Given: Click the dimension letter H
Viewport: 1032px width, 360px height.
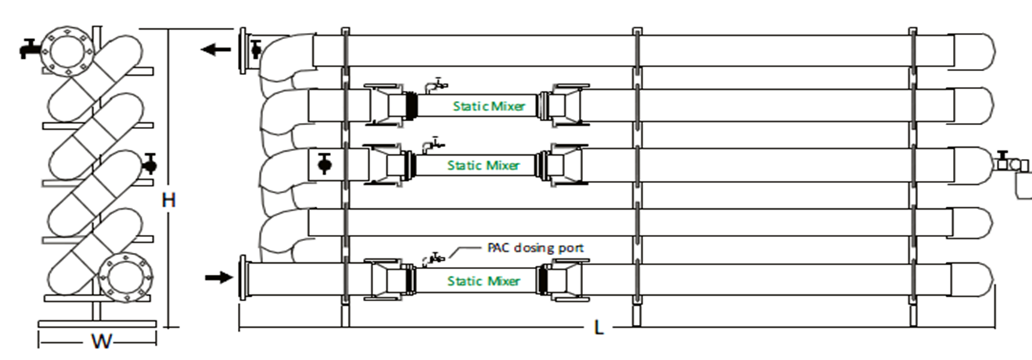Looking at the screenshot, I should coord(168,200).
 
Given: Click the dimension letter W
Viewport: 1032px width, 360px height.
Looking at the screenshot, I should coord(100,342).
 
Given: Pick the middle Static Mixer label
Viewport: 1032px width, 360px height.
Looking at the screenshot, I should coord(483,165).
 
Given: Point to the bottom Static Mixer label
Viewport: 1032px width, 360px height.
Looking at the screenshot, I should coord(483,280).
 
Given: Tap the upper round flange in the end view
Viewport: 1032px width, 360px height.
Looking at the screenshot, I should coord(66,51).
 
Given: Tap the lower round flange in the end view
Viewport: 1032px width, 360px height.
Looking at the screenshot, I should coord(123,276).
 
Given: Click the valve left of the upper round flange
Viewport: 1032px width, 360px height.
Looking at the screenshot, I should coord(28,49).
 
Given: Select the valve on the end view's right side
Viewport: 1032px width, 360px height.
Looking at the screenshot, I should coord(150,164).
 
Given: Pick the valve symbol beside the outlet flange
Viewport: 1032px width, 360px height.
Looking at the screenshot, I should coord(256,50).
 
